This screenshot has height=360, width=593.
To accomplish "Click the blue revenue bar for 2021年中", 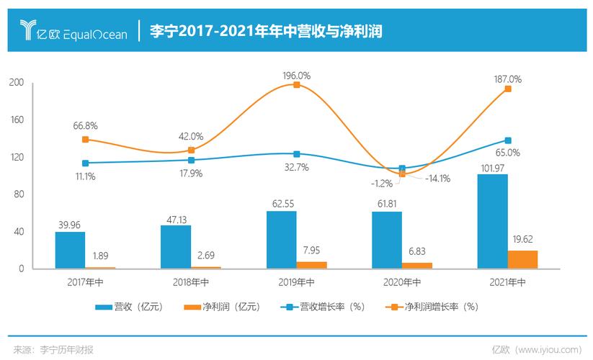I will [x=492, y=221].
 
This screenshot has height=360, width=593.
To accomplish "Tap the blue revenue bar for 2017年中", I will [x=70, y=250].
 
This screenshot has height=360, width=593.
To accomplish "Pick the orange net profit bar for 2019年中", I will [x=311, y=265].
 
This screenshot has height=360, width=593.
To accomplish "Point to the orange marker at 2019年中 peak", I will [x=296, y=85].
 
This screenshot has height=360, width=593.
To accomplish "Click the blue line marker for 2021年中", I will [x=508, y=140].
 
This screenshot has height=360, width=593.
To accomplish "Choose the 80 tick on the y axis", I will [x=18, y=194].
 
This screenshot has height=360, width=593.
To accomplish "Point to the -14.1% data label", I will [x=437, y=179].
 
